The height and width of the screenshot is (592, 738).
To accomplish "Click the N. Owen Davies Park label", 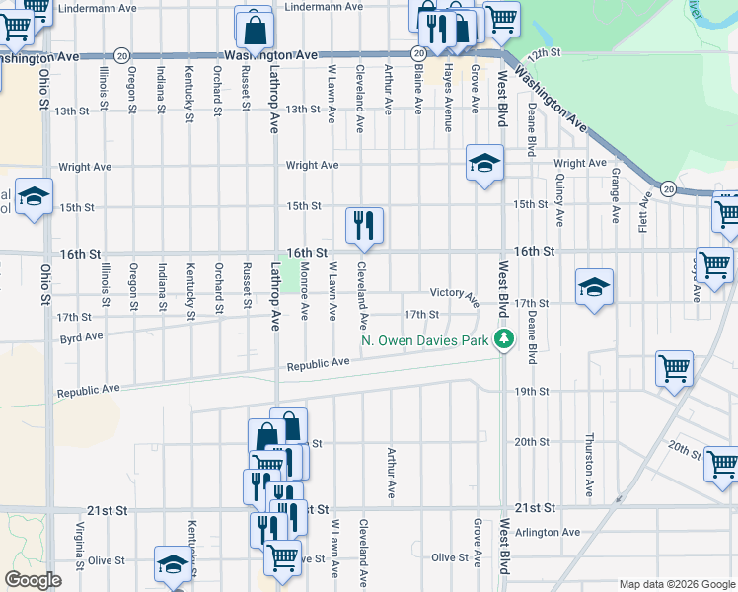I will point(425,341).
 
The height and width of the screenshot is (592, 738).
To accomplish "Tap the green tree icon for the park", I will point(505,340).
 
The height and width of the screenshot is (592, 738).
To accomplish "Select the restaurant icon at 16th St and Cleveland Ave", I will point(364,226).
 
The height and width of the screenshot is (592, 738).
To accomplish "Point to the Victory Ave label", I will point(454,293).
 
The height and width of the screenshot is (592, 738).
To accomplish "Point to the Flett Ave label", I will point(643,211).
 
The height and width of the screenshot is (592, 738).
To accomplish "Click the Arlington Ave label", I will point(555,532).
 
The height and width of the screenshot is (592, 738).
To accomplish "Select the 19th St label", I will point(531,392).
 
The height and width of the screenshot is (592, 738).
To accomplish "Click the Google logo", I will point(33,580).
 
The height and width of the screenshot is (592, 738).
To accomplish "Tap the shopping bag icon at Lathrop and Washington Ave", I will point(255,29).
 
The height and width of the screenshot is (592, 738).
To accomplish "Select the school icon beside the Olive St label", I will point(173,564).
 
